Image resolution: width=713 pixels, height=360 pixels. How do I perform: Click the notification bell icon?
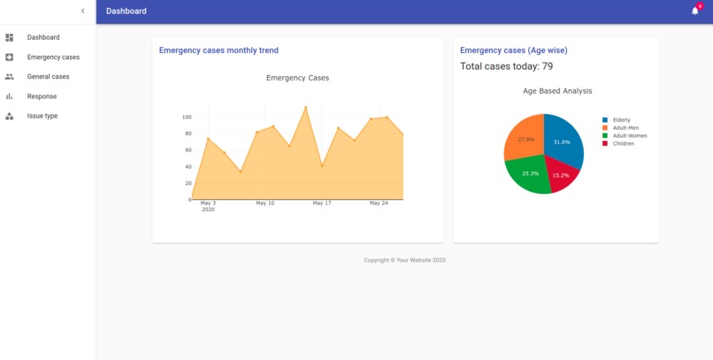(694, 11)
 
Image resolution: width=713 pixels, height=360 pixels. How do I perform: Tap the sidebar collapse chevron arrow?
(82, 11)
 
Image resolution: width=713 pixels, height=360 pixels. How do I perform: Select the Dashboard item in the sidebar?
(43, 37)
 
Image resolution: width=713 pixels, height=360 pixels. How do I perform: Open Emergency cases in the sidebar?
(53, 57)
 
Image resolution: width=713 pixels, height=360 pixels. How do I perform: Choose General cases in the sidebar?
(48, 77)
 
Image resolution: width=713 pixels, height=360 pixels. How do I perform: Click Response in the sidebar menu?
(42, 96)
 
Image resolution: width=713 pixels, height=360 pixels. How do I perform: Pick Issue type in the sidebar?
(42, 116)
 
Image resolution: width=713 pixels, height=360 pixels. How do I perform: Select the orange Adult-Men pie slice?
(525, 140)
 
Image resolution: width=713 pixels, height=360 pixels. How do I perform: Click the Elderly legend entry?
(621, 120)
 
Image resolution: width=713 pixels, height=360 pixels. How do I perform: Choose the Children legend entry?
(623, 143)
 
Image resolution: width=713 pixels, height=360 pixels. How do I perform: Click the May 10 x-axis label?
(264, 203)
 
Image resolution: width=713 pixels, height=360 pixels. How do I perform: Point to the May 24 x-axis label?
(379, 203)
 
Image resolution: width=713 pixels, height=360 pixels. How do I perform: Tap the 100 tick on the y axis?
(187, 117)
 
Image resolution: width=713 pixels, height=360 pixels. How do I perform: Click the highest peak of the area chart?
(306, 107)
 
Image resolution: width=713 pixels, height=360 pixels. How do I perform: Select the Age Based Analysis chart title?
(557, 91)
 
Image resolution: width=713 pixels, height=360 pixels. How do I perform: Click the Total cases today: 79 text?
(507, 66)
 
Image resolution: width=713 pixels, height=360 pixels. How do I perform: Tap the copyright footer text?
(405, 260)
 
